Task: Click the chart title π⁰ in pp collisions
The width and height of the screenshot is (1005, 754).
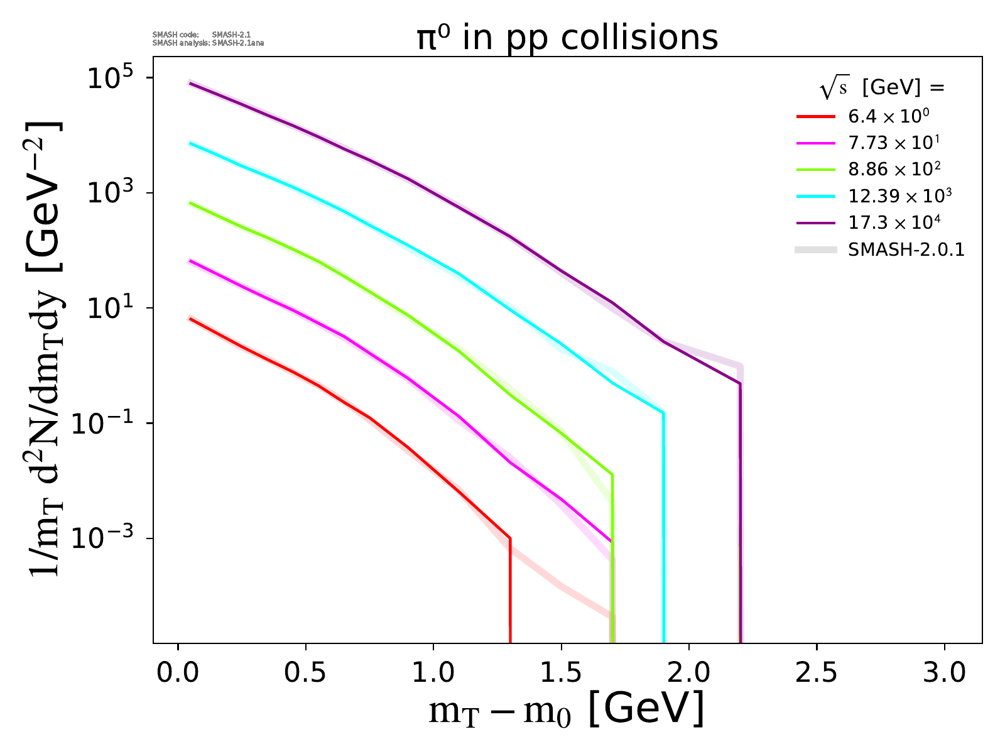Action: pos(567,38)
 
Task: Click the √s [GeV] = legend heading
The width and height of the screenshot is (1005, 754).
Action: pos(882,88)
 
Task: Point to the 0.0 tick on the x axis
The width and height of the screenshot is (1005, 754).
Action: pos(178,673)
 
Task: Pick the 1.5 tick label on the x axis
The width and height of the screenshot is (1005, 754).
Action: pos(562,673)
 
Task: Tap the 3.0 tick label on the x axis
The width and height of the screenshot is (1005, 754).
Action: pos(945,673)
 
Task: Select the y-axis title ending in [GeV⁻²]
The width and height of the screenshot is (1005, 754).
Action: pos(44,349)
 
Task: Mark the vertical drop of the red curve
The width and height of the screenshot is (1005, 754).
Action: pos(510,591)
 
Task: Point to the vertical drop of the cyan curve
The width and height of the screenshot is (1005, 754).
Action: pos(663,528)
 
